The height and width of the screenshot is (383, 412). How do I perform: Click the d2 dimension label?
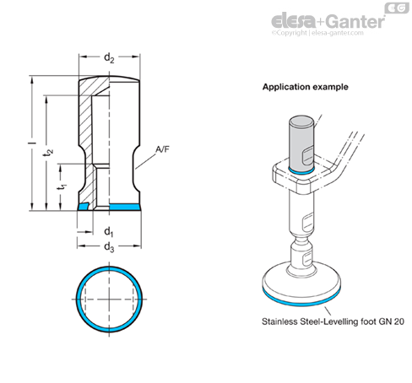(109, 58)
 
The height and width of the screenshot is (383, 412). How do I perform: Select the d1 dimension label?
(109, 232)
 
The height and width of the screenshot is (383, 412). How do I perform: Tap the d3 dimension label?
(109, 247)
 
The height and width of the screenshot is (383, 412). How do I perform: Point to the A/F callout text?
(163, 149)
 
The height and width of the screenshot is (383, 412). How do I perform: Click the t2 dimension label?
(48, 152)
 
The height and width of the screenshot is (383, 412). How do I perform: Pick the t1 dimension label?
(62, 186)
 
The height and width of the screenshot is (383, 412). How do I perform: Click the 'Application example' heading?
(306, 87)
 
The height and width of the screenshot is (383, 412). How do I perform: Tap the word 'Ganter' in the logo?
(356, 22)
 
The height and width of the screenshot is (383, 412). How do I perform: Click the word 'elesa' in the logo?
(294, 21)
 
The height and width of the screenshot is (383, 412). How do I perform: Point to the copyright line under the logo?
(317, 33)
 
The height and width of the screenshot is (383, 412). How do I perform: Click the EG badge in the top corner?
(397, 8)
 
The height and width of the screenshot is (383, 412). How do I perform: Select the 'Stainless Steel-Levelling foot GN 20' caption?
(333, 321)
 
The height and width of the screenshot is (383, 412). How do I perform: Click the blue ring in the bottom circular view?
(109, 268)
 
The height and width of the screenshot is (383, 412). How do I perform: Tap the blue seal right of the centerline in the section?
(125, 207)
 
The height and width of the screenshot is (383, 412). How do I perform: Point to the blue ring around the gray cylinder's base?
(301, 171)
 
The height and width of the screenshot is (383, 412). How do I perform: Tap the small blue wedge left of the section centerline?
(83, 207)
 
